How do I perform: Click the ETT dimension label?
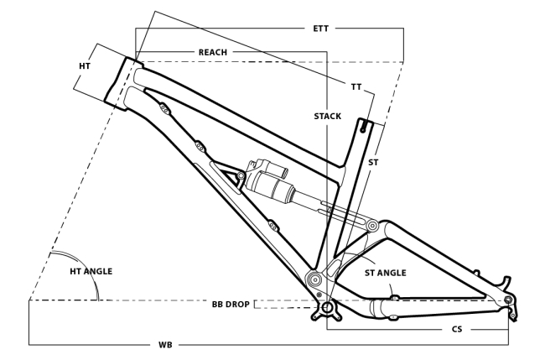pyautogui.click(x=319, y=29)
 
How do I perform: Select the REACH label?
pyautogui.click(x=213, y=52)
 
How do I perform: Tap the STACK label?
pyautogui.click(x=328, y=116)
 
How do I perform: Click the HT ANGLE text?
pyautogui.click(x=91, y=271)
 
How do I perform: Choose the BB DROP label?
pyautogui.click(x=230, y=303)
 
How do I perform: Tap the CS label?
pyautogui.click(x=457, y=330)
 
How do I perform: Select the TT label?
pyautogui.click(x=357, y=86)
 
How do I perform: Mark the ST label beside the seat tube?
pyautogui.click(x=373, y=162)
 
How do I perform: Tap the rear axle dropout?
pyautogui.click(x=509, y=300)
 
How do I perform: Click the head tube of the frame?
pyautogui.click(x=125, y=81)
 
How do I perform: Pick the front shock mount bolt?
pyautogui.click(x=241, y=176)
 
